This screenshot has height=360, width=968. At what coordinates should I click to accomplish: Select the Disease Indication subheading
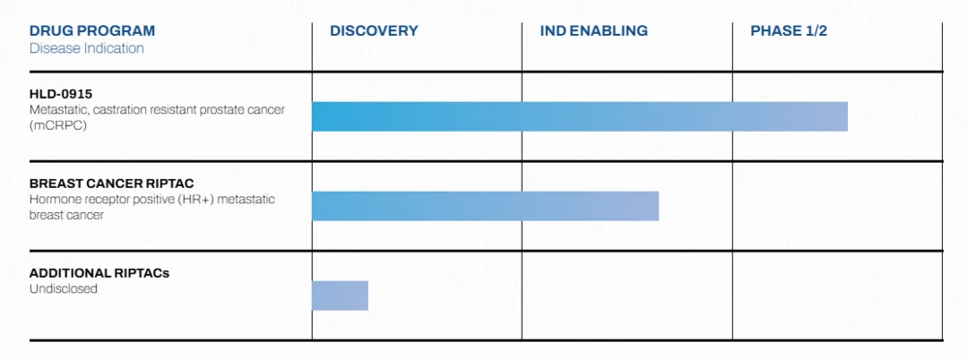86,48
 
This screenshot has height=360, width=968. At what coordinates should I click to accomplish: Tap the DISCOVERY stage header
374,31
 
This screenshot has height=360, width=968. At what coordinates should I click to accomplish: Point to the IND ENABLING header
593,31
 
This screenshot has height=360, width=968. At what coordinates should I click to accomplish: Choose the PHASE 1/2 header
788,31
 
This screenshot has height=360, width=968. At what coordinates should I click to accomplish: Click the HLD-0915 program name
60,93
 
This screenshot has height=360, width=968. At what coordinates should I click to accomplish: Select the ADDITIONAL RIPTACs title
99,273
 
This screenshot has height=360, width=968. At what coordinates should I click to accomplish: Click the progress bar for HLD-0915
579,116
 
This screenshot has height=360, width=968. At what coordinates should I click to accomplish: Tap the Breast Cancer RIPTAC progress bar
485,206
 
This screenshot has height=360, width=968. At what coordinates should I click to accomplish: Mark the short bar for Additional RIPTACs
340,295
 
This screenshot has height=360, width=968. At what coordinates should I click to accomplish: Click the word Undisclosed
63,288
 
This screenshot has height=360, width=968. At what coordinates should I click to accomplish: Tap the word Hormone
54,199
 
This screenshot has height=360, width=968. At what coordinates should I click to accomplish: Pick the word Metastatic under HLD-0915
58,109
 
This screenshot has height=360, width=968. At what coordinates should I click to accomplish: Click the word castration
123,109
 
